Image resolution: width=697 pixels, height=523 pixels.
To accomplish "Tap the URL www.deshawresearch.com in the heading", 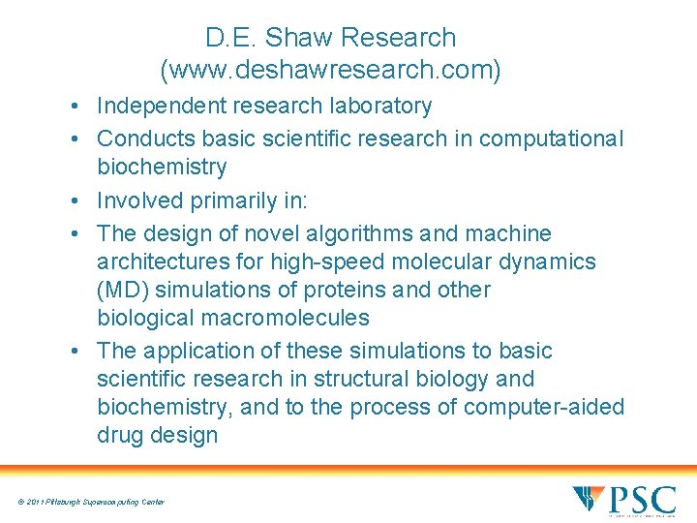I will point(330,71).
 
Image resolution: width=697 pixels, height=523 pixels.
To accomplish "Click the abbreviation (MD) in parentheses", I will point(122,290).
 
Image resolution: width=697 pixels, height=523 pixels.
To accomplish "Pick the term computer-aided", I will point(544,407).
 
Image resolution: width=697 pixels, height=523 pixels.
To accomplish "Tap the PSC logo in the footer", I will point(623,501).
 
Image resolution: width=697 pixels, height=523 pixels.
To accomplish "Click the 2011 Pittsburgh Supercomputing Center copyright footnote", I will point(90,502).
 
